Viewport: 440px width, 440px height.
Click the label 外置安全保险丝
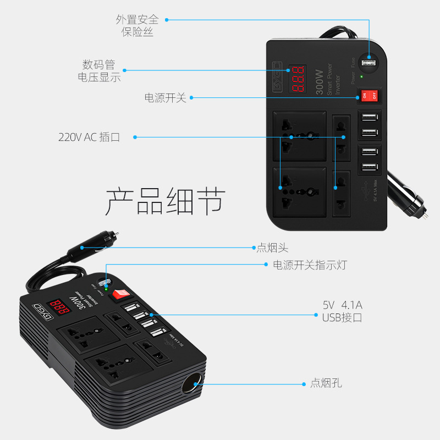tap(137, 25)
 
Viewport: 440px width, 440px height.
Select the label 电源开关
tap(165, 98)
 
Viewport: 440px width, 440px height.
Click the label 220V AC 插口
tap(89, 137)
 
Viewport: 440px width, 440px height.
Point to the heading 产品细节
tap(165, 201)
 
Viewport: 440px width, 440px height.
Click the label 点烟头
tap(272, 248)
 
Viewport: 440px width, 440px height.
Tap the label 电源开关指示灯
tap(310, 265)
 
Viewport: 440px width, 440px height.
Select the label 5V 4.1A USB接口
tap(342, 311)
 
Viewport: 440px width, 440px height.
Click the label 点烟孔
tap(326, 383)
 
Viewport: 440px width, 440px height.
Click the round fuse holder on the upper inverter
tap(369, 64)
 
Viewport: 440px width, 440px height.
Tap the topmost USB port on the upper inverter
tap(369, 117)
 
